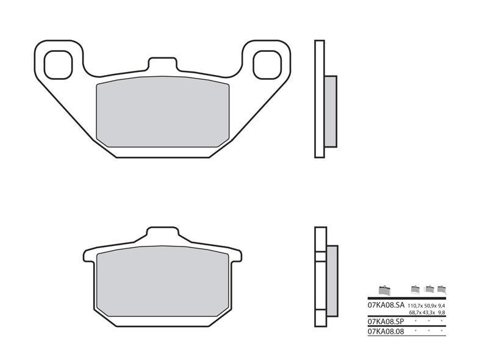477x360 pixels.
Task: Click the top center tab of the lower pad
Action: (163, 234)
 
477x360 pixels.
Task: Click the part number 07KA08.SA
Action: (386, 304)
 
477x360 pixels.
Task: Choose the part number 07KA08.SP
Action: (386, 320)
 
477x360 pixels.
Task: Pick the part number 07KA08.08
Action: (386, 331)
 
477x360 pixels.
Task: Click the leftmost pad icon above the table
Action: (383, 289)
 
